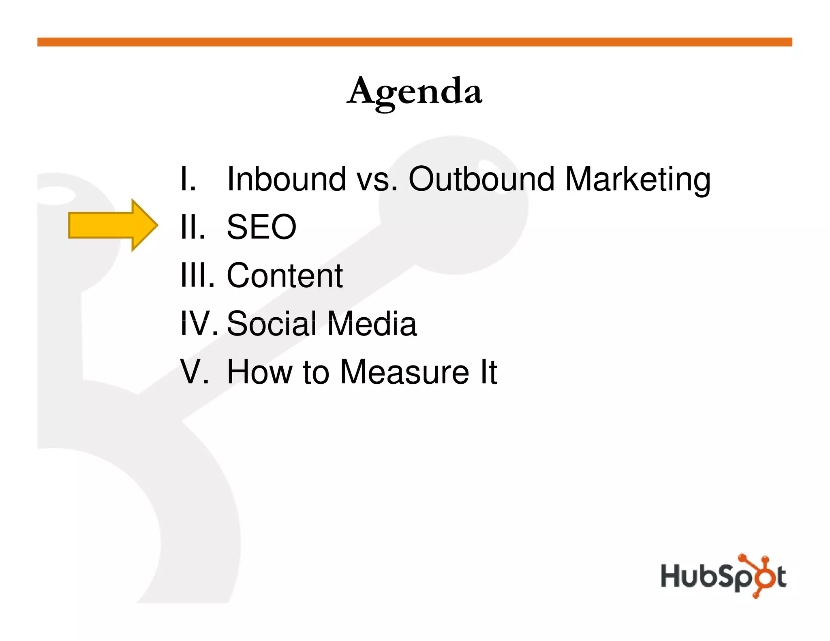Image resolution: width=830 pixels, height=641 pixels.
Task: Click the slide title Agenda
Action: (415, 92)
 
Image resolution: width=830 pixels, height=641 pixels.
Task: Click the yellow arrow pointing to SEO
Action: (113, 225)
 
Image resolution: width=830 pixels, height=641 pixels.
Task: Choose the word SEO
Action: (261, 227)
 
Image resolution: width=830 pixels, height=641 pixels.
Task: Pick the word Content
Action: (285, 276)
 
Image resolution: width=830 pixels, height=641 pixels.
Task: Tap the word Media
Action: (372, 324)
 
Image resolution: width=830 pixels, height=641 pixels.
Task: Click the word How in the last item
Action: (259, 372)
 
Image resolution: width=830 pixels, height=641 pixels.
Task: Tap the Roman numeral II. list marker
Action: (193, 227)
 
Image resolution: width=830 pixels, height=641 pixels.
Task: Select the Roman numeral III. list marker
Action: (197, 276)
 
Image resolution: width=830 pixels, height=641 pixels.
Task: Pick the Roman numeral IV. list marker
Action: (199, 324)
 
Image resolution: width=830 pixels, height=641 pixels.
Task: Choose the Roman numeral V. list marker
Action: (195, 372)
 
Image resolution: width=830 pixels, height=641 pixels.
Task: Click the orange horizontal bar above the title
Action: (415, 42)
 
